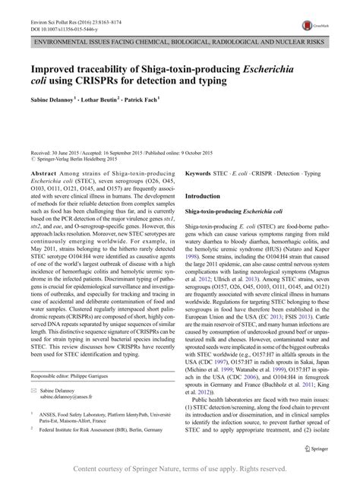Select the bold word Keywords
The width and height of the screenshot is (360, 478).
click(x=204, y=195)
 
